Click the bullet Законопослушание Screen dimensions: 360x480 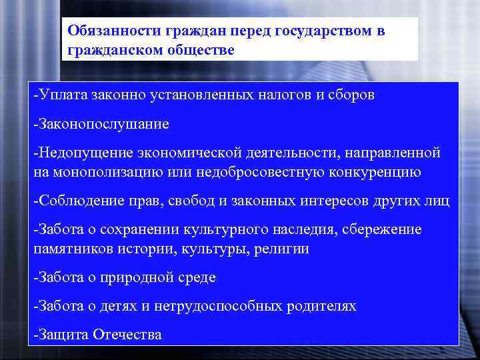(101, 124)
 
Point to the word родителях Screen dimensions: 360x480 (322, 306)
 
